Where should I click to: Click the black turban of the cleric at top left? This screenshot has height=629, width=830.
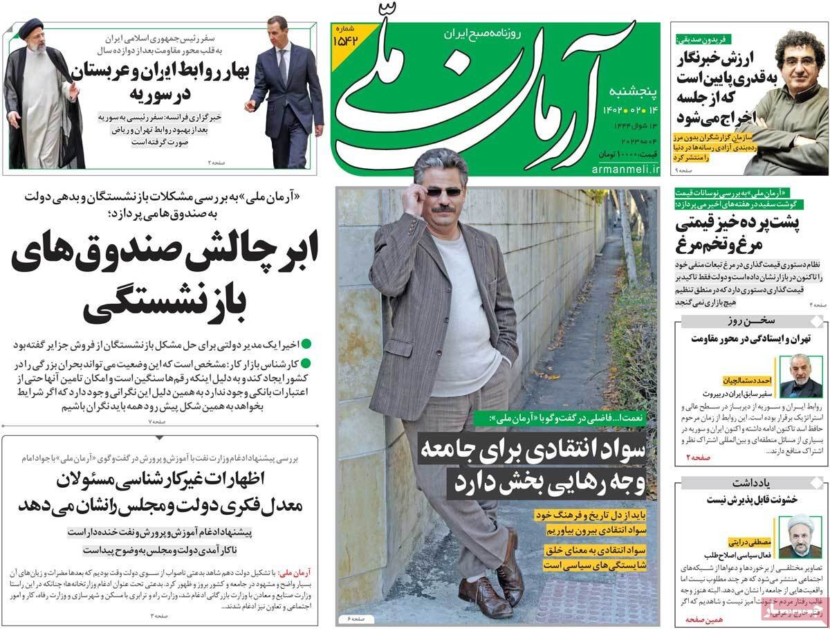[x=30, y=29]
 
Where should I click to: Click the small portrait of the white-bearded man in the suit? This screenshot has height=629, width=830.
[x=800, y=375]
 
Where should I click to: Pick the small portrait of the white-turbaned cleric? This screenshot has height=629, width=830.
[x=800, y=536]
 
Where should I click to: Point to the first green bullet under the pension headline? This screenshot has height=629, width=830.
[x=306, y=343]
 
